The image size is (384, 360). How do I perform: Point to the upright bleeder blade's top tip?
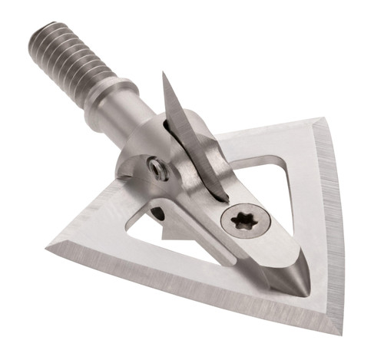point(164,74)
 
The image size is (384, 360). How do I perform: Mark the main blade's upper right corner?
point(322,119)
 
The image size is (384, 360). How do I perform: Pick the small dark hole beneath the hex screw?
point(159,211)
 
